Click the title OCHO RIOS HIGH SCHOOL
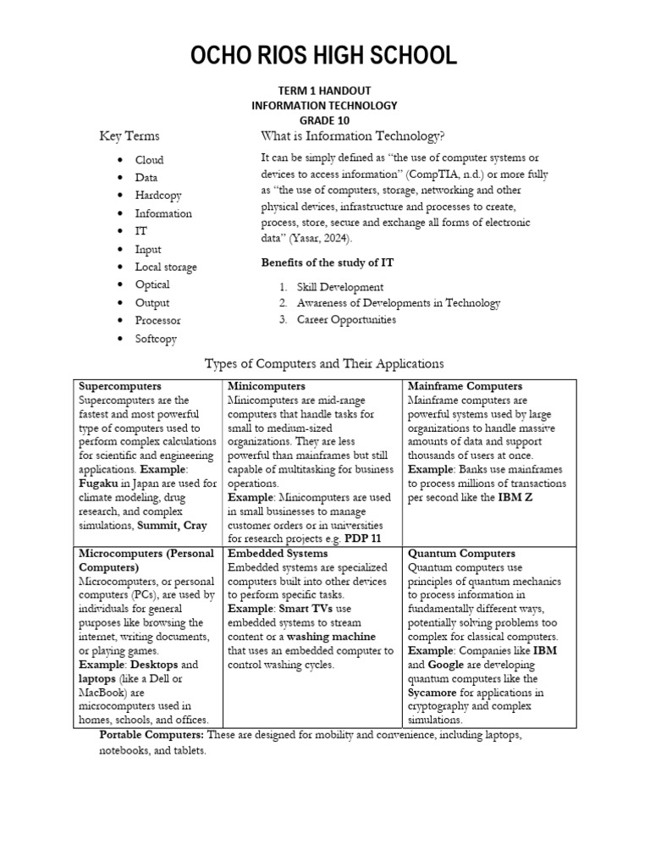click(x=324, y=56)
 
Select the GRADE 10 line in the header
click(x=324, y=120)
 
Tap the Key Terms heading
click(x=129, y=136)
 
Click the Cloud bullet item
click(x=149, y=160)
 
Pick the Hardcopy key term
click(x=158, y=196)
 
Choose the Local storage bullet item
click(x=166, y=267)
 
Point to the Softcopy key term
click(x=157, y=339)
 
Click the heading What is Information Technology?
click(x=353, y=136)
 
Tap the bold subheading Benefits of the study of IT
click(x=328, y=263)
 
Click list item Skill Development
click(x=340, y=287)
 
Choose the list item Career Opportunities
click(x=346, y=320)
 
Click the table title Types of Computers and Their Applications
click(x=324, y=363)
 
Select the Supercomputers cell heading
click(x=119, y=386)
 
